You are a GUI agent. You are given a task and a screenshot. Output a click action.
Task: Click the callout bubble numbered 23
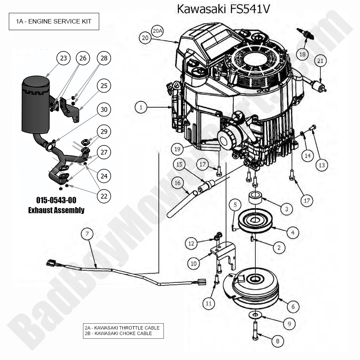(64, 58)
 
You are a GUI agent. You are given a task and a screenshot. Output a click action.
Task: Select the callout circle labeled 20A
(157, 31)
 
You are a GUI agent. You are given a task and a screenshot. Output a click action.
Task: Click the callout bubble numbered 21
(320, 61)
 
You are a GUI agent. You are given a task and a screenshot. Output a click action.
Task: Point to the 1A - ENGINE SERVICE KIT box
(54, 21)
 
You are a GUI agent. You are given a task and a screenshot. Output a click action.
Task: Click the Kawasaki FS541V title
(223, 9)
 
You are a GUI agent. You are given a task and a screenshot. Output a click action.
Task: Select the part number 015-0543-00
(56, 200)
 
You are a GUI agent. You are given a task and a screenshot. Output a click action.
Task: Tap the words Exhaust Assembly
(56, 210)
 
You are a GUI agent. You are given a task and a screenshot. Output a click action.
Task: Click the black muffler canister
(36, 105)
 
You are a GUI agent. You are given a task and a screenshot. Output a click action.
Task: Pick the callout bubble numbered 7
(87, 234)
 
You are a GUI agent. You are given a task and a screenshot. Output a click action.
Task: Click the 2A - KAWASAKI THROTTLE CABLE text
(122, 328)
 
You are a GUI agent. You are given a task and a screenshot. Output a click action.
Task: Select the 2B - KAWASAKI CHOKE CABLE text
(118, 333)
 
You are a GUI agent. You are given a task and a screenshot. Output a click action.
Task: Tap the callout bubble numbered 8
(277, 341)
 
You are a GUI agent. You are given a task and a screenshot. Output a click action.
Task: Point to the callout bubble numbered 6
(293, 306)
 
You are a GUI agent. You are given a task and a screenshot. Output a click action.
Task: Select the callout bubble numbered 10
(194, 263)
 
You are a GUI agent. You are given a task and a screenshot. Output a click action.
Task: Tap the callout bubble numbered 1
(141, 107)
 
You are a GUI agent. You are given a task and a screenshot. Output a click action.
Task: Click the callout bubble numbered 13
(322, 165)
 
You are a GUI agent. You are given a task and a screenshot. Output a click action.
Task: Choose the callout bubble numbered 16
(177, 182)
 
